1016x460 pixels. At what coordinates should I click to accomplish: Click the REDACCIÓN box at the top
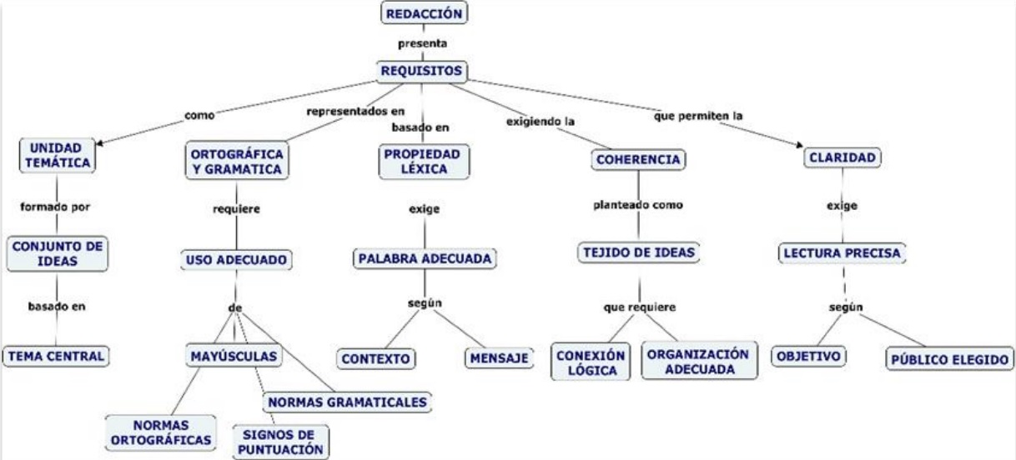coord(422,13)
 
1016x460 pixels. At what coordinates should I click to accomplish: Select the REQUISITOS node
coord(422,72)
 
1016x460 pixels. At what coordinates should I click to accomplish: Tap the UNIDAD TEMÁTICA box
coord(56,155)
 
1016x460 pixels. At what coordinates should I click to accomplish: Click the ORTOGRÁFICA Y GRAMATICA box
coord(236,162)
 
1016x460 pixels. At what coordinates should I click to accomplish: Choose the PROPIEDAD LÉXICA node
coord(423,161)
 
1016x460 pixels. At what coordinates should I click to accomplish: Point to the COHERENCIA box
coord(639,159)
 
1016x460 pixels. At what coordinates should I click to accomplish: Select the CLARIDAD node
coord(842,157)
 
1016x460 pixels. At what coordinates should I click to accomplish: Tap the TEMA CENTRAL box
coord(56,356)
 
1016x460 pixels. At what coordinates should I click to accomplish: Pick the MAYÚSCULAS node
coord(233,357)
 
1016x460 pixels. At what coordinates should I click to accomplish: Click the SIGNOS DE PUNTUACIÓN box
coord(280,441)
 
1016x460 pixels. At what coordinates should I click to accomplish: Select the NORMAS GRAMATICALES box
coord(348,402)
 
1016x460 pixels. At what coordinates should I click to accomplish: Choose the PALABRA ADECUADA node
coord(424,259)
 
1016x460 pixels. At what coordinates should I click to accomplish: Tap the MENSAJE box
coord(498,357)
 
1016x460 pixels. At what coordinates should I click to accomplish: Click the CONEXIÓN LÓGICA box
coord(591,361)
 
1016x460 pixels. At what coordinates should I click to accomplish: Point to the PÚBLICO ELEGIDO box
coord(949,359)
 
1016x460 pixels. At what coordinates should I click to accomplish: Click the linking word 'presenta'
coord(422,43)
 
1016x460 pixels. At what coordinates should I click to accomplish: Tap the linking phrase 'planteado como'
coord(639,205)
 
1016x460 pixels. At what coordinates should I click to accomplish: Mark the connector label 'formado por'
coord(55,205)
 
